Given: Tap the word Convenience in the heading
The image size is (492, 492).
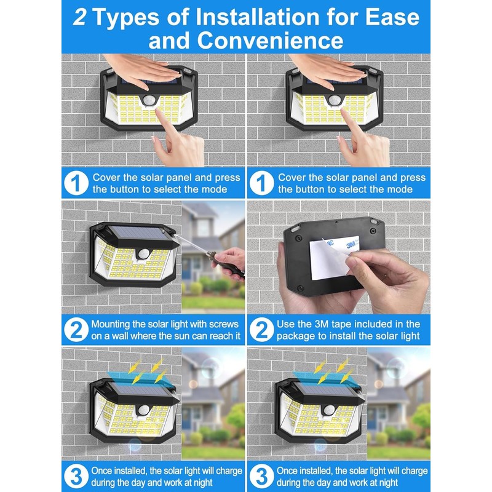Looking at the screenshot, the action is (x=270, y=41).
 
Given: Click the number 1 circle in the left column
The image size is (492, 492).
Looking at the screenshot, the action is (x=76, y=183).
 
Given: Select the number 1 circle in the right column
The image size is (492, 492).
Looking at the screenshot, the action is (x=262, y=183).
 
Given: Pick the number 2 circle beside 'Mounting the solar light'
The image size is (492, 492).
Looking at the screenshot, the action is (x=76, y=330).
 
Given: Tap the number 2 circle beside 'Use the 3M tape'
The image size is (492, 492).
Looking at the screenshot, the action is (x=262, y=330).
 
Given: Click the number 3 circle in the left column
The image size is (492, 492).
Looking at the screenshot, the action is (x=76, y=477).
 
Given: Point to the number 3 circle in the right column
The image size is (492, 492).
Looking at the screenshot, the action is (x=262, y=477).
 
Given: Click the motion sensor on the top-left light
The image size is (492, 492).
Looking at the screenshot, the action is (x=148, y=100).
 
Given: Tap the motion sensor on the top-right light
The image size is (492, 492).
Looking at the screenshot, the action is (x=334, y=100).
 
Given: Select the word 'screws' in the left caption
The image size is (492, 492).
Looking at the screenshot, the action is (x=224, y=324).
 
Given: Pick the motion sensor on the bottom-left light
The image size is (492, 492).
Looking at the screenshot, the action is (x=144, y=410).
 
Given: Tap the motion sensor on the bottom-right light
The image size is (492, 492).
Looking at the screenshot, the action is (x=329, y=410).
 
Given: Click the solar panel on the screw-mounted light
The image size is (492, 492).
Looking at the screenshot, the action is (x=138, y=234).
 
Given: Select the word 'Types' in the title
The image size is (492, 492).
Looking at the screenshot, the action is (x=127, y=18).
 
